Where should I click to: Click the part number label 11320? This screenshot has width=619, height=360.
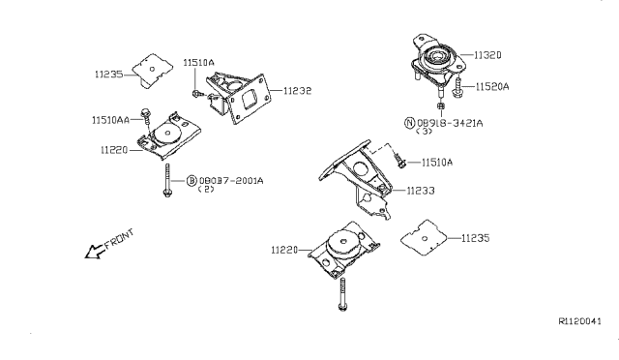tap(487, 55)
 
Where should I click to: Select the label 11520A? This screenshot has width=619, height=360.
tap(492, 86)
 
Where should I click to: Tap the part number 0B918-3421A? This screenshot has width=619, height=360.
tap(450, 123)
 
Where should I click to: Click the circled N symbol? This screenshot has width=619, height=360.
tap(410, 123)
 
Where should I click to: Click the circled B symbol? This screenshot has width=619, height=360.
tap(192, 181)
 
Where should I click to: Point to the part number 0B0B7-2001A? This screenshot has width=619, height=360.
tap(231, 181)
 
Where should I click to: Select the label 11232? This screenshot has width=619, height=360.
tap(298, 91)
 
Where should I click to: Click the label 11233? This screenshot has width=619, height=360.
tap(421, 191)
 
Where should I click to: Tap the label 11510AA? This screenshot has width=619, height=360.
tap(110, 120)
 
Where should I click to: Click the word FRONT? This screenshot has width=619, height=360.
tap(119, 239)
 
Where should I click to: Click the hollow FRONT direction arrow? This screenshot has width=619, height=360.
tap(94, 252)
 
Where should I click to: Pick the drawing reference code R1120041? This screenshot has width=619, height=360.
tap(579, 321)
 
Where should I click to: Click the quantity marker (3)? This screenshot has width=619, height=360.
tap(425, 132)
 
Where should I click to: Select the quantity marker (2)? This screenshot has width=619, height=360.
tap(206, 189)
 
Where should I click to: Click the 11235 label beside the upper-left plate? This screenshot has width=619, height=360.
tap(109, 74)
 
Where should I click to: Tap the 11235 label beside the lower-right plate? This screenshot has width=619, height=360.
tap(475, 238)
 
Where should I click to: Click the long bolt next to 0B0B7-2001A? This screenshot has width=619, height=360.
tap(167, 180)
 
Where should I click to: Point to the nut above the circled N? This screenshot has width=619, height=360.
tap(441, 105)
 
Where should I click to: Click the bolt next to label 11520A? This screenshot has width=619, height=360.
tap(457, 88)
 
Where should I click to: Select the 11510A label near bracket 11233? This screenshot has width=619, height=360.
tap(437, 163)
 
